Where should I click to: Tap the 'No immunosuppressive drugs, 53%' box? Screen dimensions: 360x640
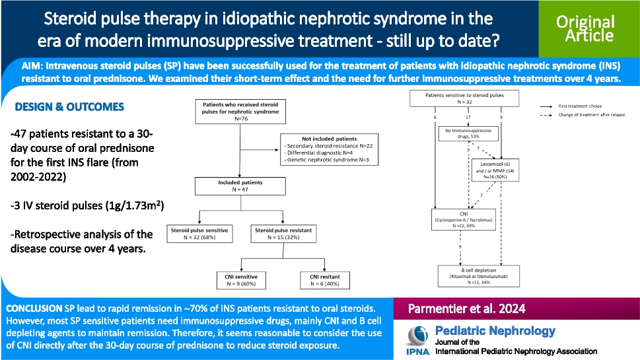(x=468, y=134)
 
